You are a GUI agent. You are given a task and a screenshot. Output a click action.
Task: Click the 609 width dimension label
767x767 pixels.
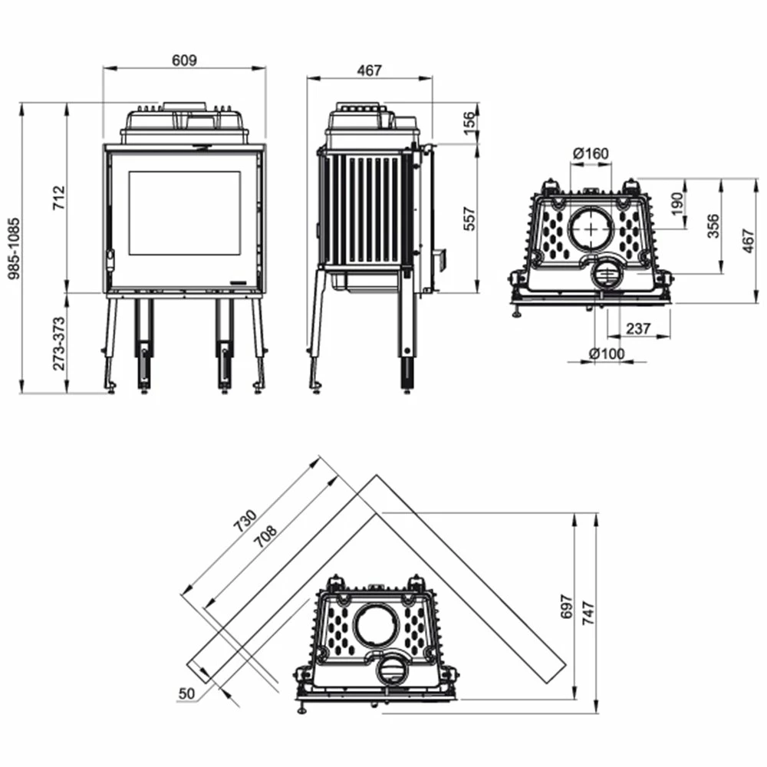click(x=185, y=60)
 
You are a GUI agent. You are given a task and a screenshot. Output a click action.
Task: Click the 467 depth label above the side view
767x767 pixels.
click(x=369, y=70)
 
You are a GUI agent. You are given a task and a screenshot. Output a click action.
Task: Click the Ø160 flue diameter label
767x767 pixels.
click(x=591, y=153)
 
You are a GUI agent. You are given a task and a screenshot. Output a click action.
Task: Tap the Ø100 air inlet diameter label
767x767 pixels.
click(x=607, y=354)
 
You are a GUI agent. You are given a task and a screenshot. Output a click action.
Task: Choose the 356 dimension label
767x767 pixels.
click(x=713, y=226)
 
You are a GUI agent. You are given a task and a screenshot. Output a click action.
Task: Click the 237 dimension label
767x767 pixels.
click(x=637, y=328)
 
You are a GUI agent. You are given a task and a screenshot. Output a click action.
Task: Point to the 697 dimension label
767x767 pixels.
click(x=567, y=607)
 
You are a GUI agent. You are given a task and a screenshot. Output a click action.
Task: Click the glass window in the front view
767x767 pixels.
click(x=184, y=213)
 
